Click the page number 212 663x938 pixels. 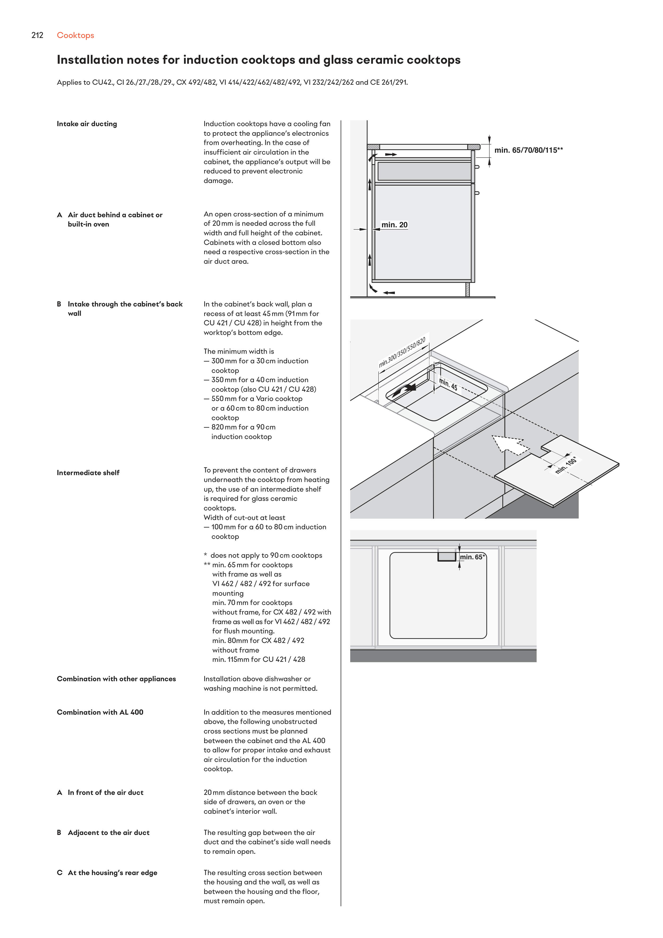click(37, 36)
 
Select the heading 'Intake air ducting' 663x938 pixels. click(87, 124)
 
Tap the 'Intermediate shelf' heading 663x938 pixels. click(88, 473)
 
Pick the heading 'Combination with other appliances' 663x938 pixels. click(116, 679)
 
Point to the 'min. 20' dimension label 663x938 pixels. click(394, 225)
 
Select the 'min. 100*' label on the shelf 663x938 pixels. click(566, 465)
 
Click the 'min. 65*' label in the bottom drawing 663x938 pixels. click(473, 557)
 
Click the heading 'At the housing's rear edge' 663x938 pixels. click(112, 873)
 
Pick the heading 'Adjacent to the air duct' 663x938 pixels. click(108, 833)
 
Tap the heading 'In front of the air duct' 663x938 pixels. click(105, 792)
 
